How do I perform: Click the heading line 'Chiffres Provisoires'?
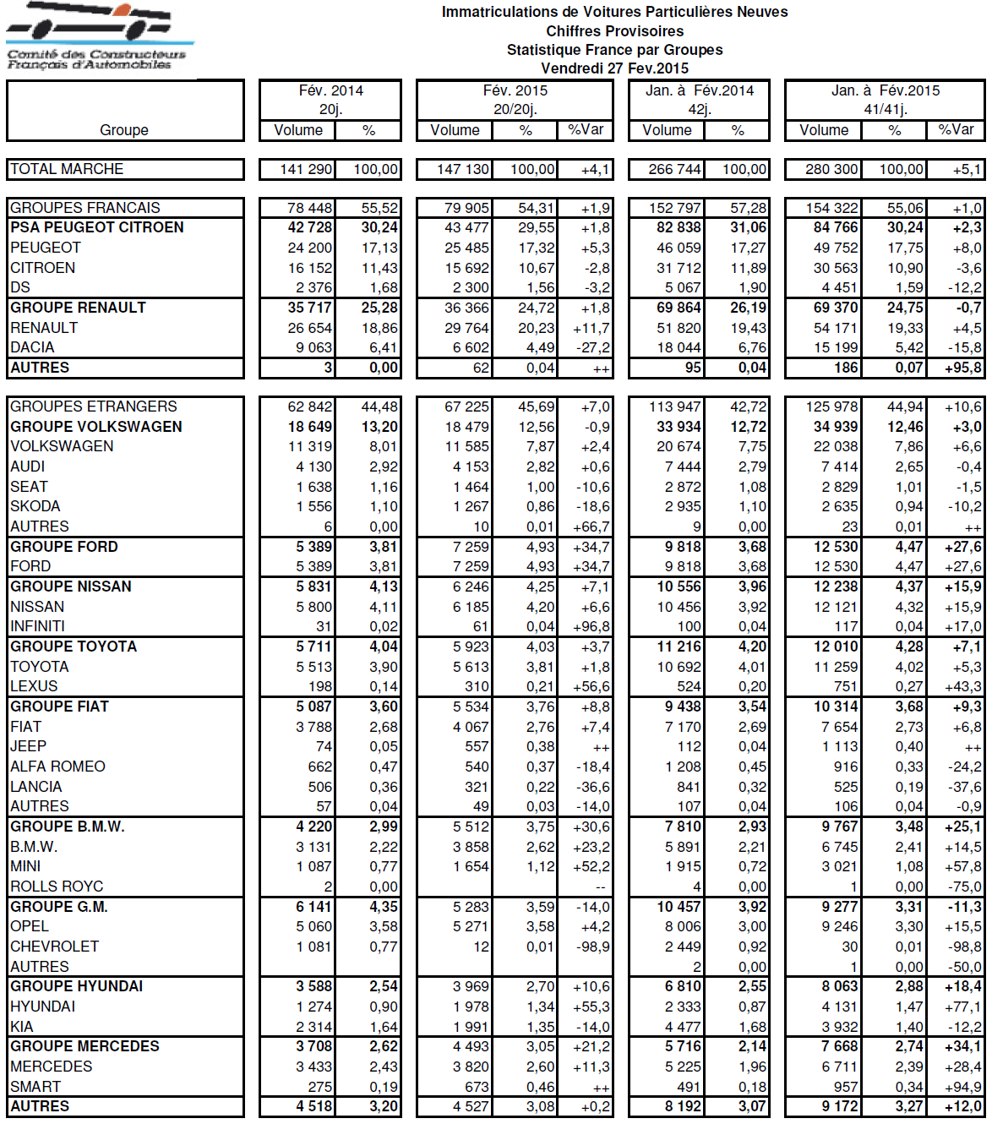tap(614, 31)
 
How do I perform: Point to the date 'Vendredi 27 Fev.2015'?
tap(614, 68)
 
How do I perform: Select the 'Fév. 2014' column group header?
tap(330, 90)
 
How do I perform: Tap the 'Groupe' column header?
tap(124, 130)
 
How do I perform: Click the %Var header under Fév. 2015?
tap(586, 130)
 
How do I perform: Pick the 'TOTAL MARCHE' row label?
tap(67, 169)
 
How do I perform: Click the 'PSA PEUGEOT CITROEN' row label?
tap(96, 227)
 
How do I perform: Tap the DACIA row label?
tap(32, 347)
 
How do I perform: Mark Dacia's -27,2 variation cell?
tap(591, 347)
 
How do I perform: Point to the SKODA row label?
tap(35, 506)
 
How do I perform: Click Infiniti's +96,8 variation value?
tap(591, 626)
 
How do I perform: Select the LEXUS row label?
tap(34, 686)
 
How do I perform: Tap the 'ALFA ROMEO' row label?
tap(57, 767)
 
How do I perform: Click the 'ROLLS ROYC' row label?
tap(57, 887)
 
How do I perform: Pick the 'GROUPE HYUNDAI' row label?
tap(76, 986)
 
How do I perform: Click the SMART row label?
tap(35, 1087)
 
